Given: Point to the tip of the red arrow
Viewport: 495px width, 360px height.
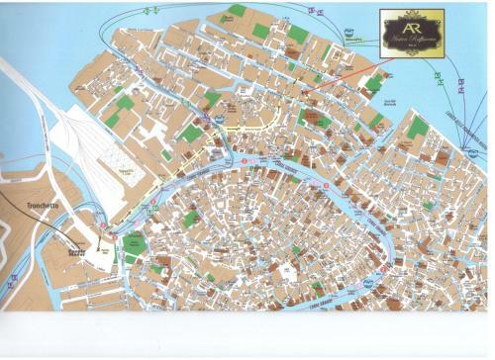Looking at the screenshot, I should (301, 95).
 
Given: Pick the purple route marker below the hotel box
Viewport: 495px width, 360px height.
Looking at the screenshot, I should (461, 90).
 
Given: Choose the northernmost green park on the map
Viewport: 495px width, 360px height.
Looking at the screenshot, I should (236, 11).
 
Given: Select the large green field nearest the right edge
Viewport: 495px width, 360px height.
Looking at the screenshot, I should (418, 127).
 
